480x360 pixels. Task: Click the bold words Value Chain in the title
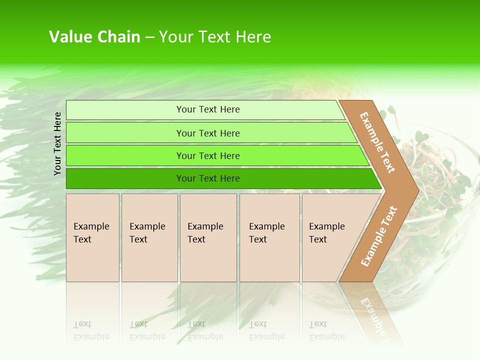coord(94,37)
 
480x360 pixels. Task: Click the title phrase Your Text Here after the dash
coord(215,37)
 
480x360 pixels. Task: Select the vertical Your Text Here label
coord(57,143)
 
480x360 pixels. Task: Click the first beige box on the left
coord(92,237)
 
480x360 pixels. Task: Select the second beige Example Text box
coord(149,237)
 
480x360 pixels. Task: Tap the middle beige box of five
coord(208,237)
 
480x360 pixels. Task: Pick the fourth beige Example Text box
coord(269,237)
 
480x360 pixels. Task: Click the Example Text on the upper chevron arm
coord(377,142)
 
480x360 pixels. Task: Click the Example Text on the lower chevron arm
coord(379,236)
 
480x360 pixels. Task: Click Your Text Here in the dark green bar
coord(208,178)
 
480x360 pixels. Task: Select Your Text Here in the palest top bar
coord(208,109)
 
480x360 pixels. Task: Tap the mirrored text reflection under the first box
coord(91,330)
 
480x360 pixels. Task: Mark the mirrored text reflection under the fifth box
coord(326,330)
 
